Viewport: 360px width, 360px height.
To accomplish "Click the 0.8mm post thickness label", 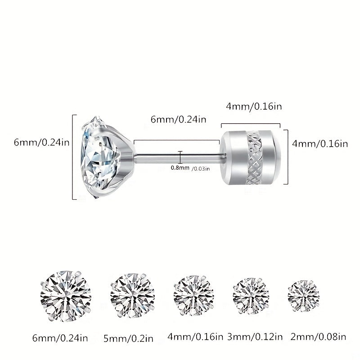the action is pyautogui.click(x=180, y=168).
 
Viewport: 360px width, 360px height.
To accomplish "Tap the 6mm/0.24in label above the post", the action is pyautogui.click(x=178, y=119).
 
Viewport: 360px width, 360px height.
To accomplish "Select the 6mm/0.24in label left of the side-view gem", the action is pyautogui.click(x=41, y=143).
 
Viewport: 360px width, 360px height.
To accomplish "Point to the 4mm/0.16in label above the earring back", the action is pyautogui.click(x=254, y=107).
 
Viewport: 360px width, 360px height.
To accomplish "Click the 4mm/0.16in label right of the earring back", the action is pyautogui.click(x=320, y=144).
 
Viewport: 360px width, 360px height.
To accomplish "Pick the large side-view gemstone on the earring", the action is pyautogui.click(x=101, y=157).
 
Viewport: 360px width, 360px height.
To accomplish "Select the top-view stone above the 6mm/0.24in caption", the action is pyautogui.click(x=66, y=296).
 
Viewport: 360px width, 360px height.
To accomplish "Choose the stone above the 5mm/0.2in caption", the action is pyautogui.click(x=132, y=296).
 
